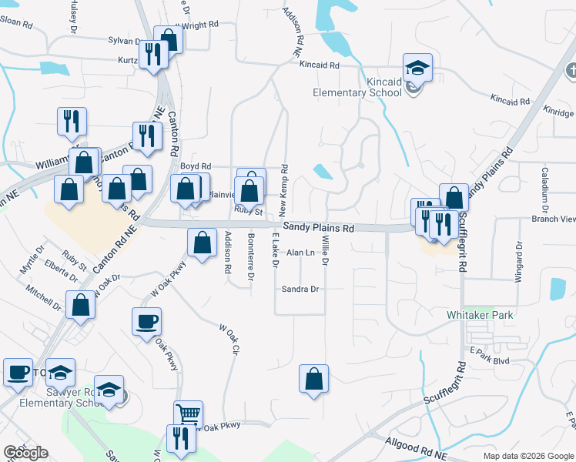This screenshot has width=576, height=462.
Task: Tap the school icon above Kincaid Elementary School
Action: coord(417,68)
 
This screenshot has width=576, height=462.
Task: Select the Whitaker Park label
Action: coord(481,315)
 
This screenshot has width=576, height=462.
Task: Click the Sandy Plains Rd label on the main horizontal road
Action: coord(318,228)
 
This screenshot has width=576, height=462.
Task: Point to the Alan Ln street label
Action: coord(300,253)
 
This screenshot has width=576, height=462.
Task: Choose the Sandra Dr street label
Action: coord(300,290)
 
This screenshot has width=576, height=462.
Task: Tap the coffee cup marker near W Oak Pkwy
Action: coord(146,322)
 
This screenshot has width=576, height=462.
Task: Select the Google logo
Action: coord(25,453)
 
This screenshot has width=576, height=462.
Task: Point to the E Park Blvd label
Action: coord(490,360)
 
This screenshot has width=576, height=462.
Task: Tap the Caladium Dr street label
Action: coord(544,189)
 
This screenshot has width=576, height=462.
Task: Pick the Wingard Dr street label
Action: coord(519,261)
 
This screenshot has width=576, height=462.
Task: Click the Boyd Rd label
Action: coord(195,166)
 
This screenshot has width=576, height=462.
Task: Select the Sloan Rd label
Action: coord(16,23)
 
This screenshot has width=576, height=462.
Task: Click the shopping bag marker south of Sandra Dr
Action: coord(313,379)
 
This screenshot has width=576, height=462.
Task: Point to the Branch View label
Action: coord(554,219)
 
